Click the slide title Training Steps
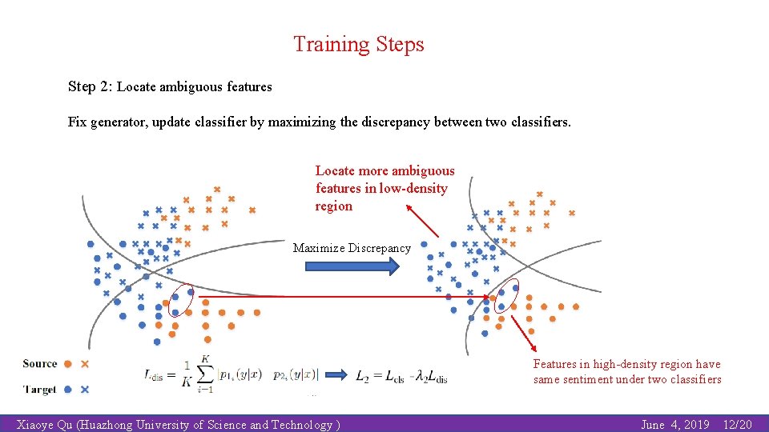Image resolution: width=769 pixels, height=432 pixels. coord(358,44)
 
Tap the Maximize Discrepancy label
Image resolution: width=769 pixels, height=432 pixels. coord(352,248)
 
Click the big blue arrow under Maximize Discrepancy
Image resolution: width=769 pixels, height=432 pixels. coord(352,266)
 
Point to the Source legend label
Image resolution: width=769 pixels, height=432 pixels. coord(40,364)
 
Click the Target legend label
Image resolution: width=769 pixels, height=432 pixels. coord(40,390)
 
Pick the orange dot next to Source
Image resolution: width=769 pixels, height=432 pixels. coord(68,364)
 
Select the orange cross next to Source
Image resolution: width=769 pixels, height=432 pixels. coord(85,364)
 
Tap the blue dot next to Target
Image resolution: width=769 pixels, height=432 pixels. coord(68,390)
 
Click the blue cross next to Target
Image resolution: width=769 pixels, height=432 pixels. coord(85,390)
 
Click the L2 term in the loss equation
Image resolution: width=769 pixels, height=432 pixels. coord(363,375)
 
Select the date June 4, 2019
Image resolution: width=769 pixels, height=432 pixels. coord(674,425)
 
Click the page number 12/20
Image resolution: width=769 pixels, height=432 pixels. coord(737,425)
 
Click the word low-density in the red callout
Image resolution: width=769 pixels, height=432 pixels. coord(413,188)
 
